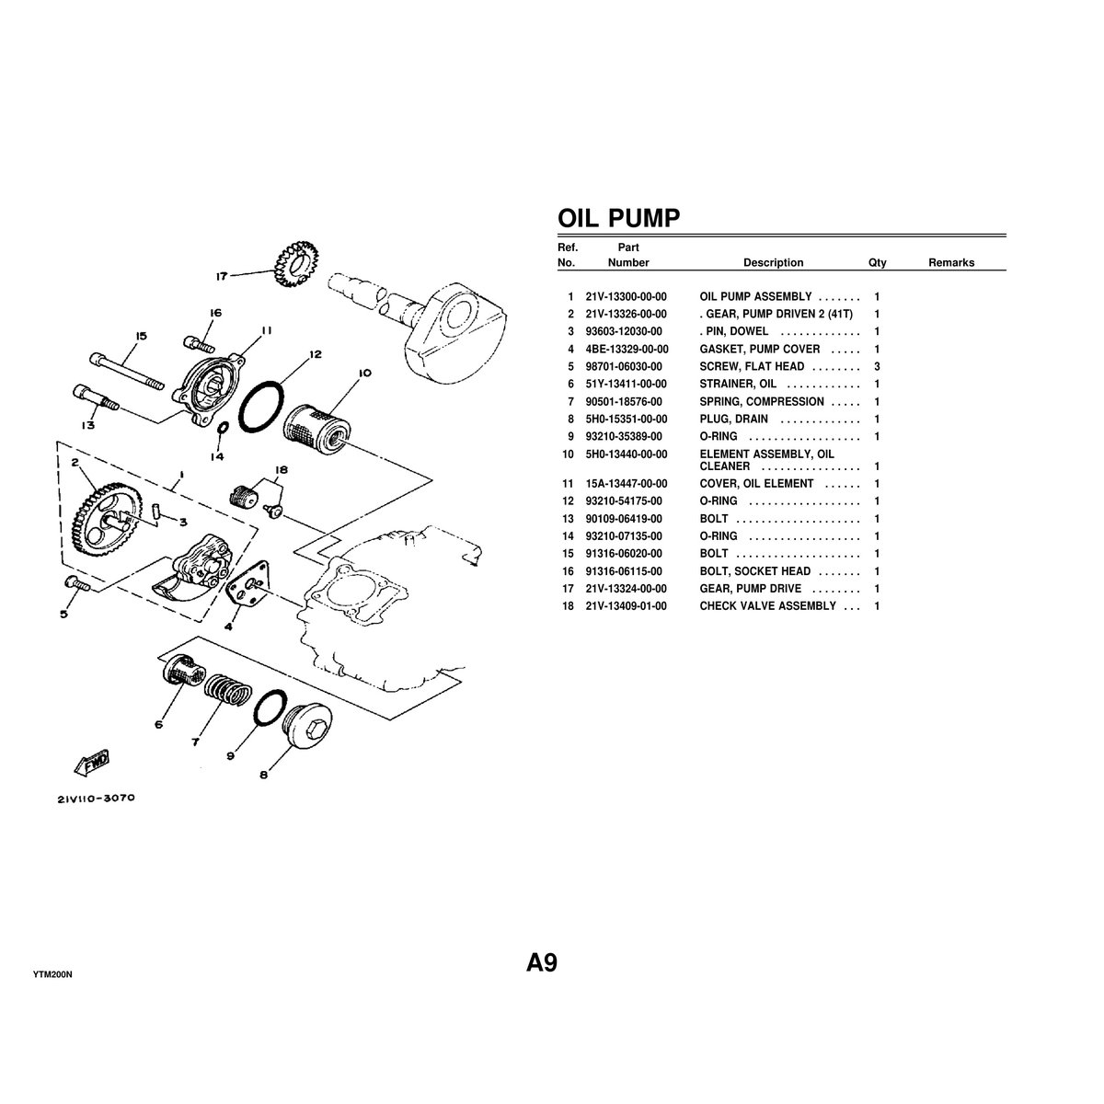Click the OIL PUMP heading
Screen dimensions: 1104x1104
coord(619,218)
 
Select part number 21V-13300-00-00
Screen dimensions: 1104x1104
coord(626,297)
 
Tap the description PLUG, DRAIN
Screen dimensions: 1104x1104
coord(733,419)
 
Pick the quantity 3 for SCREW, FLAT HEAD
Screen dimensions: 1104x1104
coord(877,367)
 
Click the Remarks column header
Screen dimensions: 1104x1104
coord(951,262)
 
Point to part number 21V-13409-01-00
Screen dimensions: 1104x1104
coord(626,606)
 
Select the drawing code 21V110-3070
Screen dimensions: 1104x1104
coord(97,798)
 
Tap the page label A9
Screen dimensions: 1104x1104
coord(541,962)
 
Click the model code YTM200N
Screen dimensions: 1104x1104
coord(52,974)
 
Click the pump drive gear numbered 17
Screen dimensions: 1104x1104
coord(295,262)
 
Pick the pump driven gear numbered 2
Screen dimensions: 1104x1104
coord(108,521)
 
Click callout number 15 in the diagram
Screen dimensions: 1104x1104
coord(141,337)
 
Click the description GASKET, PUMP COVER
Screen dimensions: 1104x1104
coord(760,349)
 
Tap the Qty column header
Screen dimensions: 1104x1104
coord(877,262)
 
